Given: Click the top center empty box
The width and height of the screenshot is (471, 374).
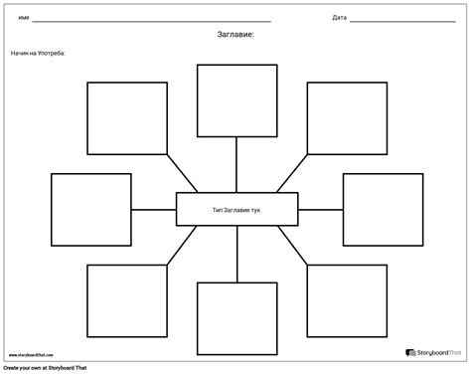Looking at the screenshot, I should [236, 100].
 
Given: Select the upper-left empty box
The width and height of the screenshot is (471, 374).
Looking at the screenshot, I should [127, 118].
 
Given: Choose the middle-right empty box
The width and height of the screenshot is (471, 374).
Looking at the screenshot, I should [383, 209].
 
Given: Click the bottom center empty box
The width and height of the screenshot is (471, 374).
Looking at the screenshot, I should [236, 318].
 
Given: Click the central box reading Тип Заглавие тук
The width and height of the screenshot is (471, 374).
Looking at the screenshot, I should [236, 210].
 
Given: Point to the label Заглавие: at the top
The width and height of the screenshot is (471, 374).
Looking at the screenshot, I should [235, 35].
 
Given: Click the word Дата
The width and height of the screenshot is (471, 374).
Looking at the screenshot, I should [339, 18].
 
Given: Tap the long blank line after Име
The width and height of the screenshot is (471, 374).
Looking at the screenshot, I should [159, 20].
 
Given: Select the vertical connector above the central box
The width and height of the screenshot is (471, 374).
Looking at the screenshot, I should [236, 164].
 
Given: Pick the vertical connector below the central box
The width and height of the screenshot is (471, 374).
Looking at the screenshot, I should [236, 255].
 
